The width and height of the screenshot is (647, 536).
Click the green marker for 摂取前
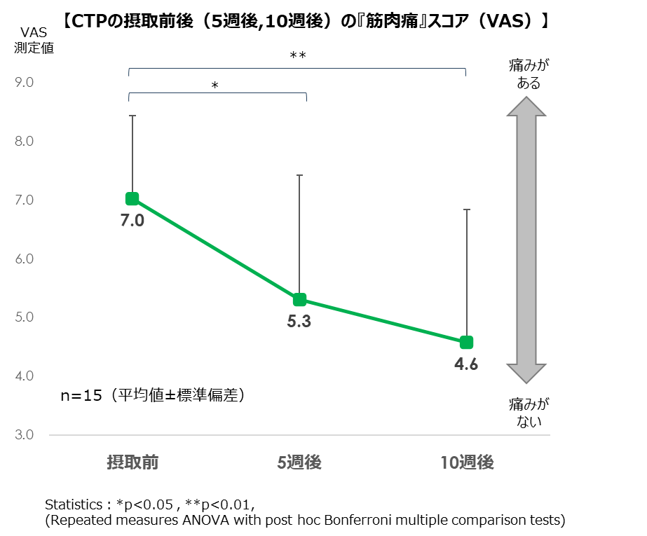(132, 199)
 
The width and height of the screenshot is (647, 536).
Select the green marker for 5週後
(299, 300)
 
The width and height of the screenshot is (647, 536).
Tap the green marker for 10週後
(466, 342)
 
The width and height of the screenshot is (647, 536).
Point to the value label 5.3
(299, 323)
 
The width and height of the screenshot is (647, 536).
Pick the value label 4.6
(466, 364)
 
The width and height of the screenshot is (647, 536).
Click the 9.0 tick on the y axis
(25, 83)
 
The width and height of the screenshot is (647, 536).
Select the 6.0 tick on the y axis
(25, 259)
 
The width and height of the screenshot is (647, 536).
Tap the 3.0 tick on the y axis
(25, 435)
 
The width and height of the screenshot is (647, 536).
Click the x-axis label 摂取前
(132, 462)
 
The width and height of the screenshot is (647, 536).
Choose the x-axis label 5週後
(299, 462)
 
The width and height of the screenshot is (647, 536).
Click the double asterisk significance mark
(298, 56)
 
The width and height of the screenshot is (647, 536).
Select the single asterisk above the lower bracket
(215, 86)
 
